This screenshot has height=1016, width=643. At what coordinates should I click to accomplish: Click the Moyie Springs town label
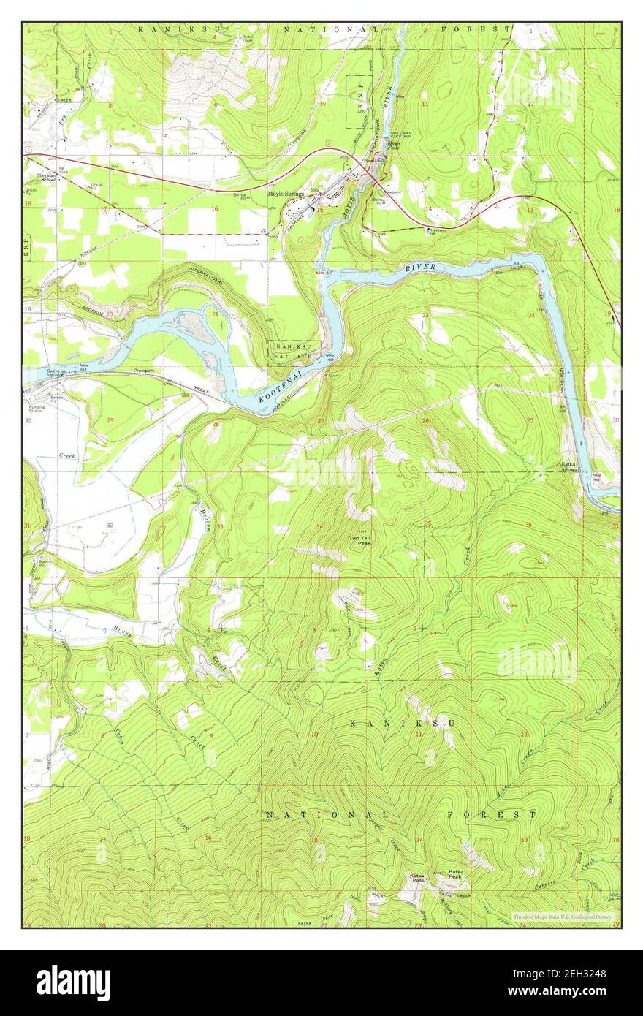tap(286, 194)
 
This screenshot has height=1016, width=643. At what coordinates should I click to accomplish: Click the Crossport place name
tap(145, 371)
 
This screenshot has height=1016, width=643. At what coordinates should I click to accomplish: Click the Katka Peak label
tap(457, 874)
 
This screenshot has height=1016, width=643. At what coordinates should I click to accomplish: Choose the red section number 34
tap(319, 526)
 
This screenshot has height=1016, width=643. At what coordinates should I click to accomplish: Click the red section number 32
tap(110, 525)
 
